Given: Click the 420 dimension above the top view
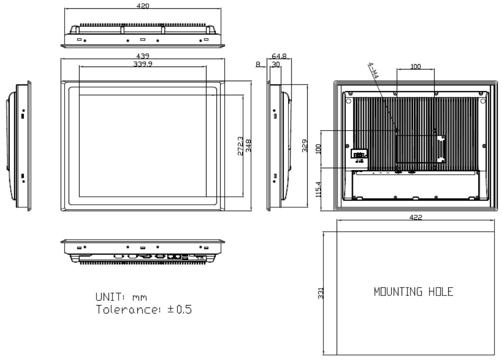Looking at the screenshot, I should click(x=143, y=6).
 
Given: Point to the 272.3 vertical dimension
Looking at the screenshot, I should click(x=240, y=146).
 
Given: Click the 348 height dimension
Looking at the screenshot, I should click(x=249, y=146).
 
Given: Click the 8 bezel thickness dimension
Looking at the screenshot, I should click(x=258, y=64).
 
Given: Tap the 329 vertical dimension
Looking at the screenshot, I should click(x=305, y=146).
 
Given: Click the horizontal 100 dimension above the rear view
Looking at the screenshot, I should click(x=415, y=66).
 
